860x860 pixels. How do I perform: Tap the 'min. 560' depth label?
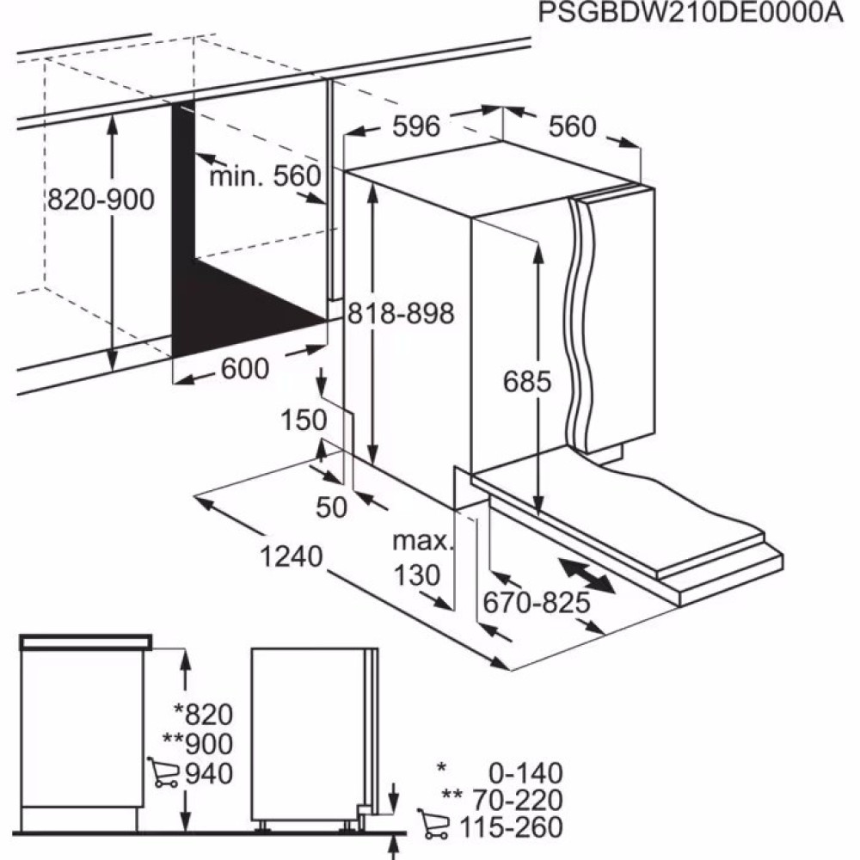click(265, 177)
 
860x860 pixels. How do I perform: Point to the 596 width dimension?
click(416, 126)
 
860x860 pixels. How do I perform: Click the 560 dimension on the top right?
click(572, 126)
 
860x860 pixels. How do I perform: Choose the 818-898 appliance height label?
click(400, 314)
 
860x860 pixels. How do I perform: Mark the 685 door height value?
click(527, 382)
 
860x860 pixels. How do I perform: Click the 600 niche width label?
click(245, 369)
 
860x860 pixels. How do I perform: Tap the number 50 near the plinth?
click(331, 507)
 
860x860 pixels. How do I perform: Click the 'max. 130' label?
click(421, 558)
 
